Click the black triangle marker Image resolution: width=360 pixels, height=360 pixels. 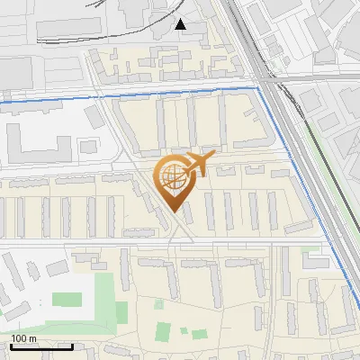[181, 24]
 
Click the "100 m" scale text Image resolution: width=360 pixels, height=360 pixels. [23, 338]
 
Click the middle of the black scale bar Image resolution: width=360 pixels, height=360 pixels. [41, 346]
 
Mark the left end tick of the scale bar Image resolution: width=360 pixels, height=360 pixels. [10, 346]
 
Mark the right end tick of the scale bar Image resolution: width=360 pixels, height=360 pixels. [73, 346]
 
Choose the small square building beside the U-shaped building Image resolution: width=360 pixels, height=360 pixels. [87, 146]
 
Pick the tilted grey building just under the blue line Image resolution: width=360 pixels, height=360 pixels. [95, 116]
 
